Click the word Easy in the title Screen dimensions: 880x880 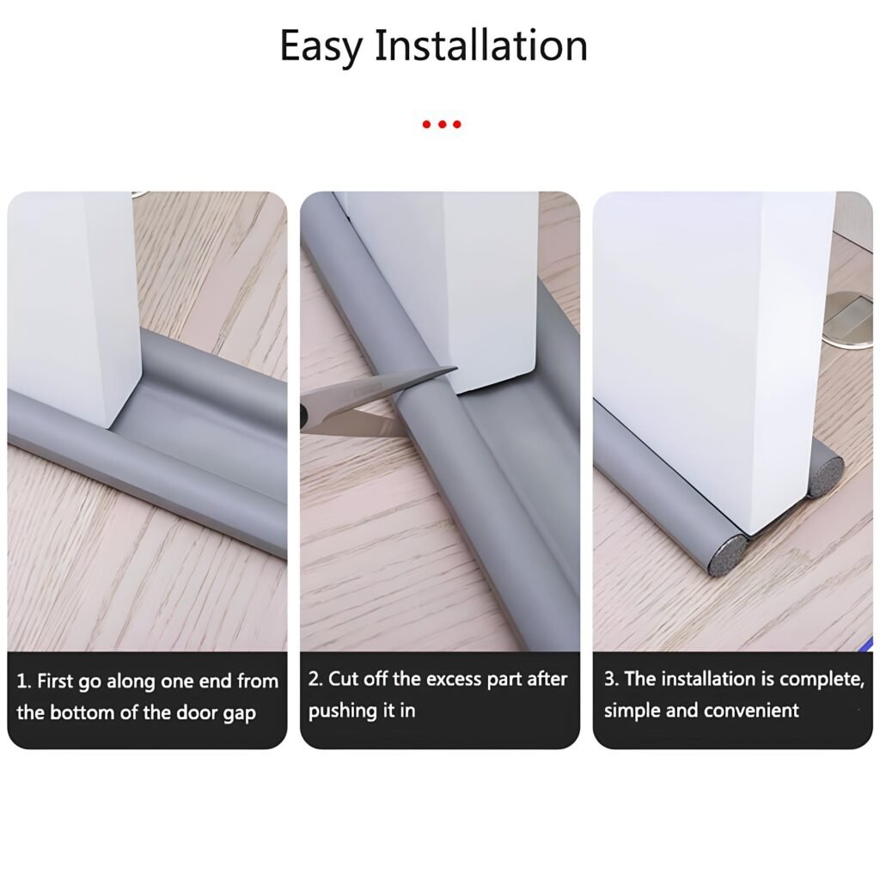pyautogui.click(x=321, y=47)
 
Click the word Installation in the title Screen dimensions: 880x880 pyautogui.click(x=481, y=45)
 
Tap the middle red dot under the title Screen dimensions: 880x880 pyautogui.click(x=442, y=124)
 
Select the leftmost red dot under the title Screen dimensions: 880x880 pyautogui.click(x=426, y=124)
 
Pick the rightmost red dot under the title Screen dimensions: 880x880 pyautogui.click(x=457, y=124)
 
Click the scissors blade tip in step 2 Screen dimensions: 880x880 pyautogui.click(x=456, y=369)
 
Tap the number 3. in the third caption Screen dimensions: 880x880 pyautogui.click(x=611, y=679)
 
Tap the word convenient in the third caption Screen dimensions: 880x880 pyautogui.click(x=751, y=711)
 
